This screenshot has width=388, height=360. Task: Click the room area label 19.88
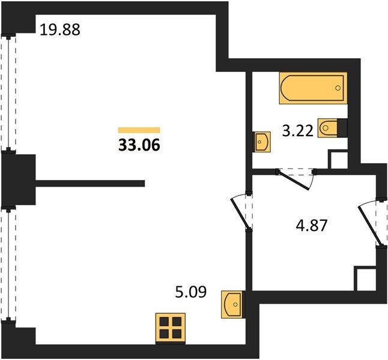(x=60, y=29)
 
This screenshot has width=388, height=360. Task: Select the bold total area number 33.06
(x=139, y=145)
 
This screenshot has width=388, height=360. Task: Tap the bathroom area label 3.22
(x=298, y=131)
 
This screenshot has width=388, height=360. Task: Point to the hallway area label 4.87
(x=312, y=225)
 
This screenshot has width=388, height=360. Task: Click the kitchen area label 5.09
(x=190, y=292)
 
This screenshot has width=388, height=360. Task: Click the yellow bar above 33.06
(x=139, y=130)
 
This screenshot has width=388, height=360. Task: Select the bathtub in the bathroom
(x=313, y=88)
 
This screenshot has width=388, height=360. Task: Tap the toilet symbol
(x=332, y=128)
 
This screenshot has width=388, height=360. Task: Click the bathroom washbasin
(x=261, y=142)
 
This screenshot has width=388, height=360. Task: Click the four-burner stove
(x=171, y=328)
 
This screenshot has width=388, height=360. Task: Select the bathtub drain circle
(x=338, y=88)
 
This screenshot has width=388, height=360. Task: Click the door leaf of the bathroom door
(x=293, y=180)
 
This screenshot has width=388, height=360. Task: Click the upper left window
(x=8, y=93)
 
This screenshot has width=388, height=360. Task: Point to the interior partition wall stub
(x=90, y=183)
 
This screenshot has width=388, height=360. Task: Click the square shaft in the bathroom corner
(x=338, y=159)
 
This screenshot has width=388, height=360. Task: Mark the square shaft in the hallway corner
(x=366, y=278)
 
